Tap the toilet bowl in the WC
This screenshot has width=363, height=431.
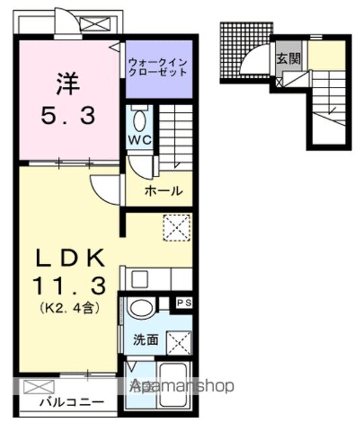[139, 122]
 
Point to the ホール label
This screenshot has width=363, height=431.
[163, 191]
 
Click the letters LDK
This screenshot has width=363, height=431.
[69, 259]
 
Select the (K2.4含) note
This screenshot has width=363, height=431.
[69, 309]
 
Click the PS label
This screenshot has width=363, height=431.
[184, 303]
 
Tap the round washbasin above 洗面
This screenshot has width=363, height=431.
[141, 310]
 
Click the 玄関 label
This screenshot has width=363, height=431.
[282, 58]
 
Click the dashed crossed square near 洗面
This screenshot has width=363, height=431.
[178, 343]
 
